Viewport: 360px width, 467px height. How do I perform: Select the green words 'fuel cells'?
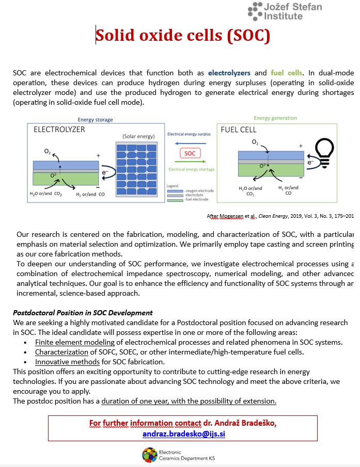click(287, 73)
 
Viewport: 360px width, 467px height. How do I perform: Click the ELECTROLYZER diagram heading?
click(59, 130)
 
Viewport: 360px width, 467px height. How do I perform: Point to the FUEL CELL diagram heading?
click(239, 130)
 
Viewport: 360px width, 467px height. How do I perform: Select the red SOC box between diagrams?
click(190, 153)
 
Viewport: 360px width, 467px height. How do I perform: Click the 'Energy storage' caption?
click(95, 120)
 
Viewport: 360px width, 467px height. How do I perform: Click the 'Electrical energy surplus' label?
click(190, 134)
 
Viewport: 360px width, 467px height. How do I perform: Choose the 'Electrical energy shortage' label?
click(191, 169)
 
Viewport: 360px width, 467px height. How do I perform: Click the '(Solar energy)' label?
click(138, 136)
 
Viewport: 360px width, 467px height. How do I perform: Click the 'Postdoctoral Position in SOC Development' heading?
click(83, 313)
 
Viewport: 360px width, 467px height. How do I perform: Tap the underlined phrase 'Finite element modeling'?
click(75, 342)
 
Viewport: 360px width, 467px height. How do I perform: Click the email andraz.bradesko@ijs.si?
click(184, 434)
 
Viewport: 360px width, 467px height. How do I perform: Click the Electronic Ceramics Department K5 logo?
click(150, 454)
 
